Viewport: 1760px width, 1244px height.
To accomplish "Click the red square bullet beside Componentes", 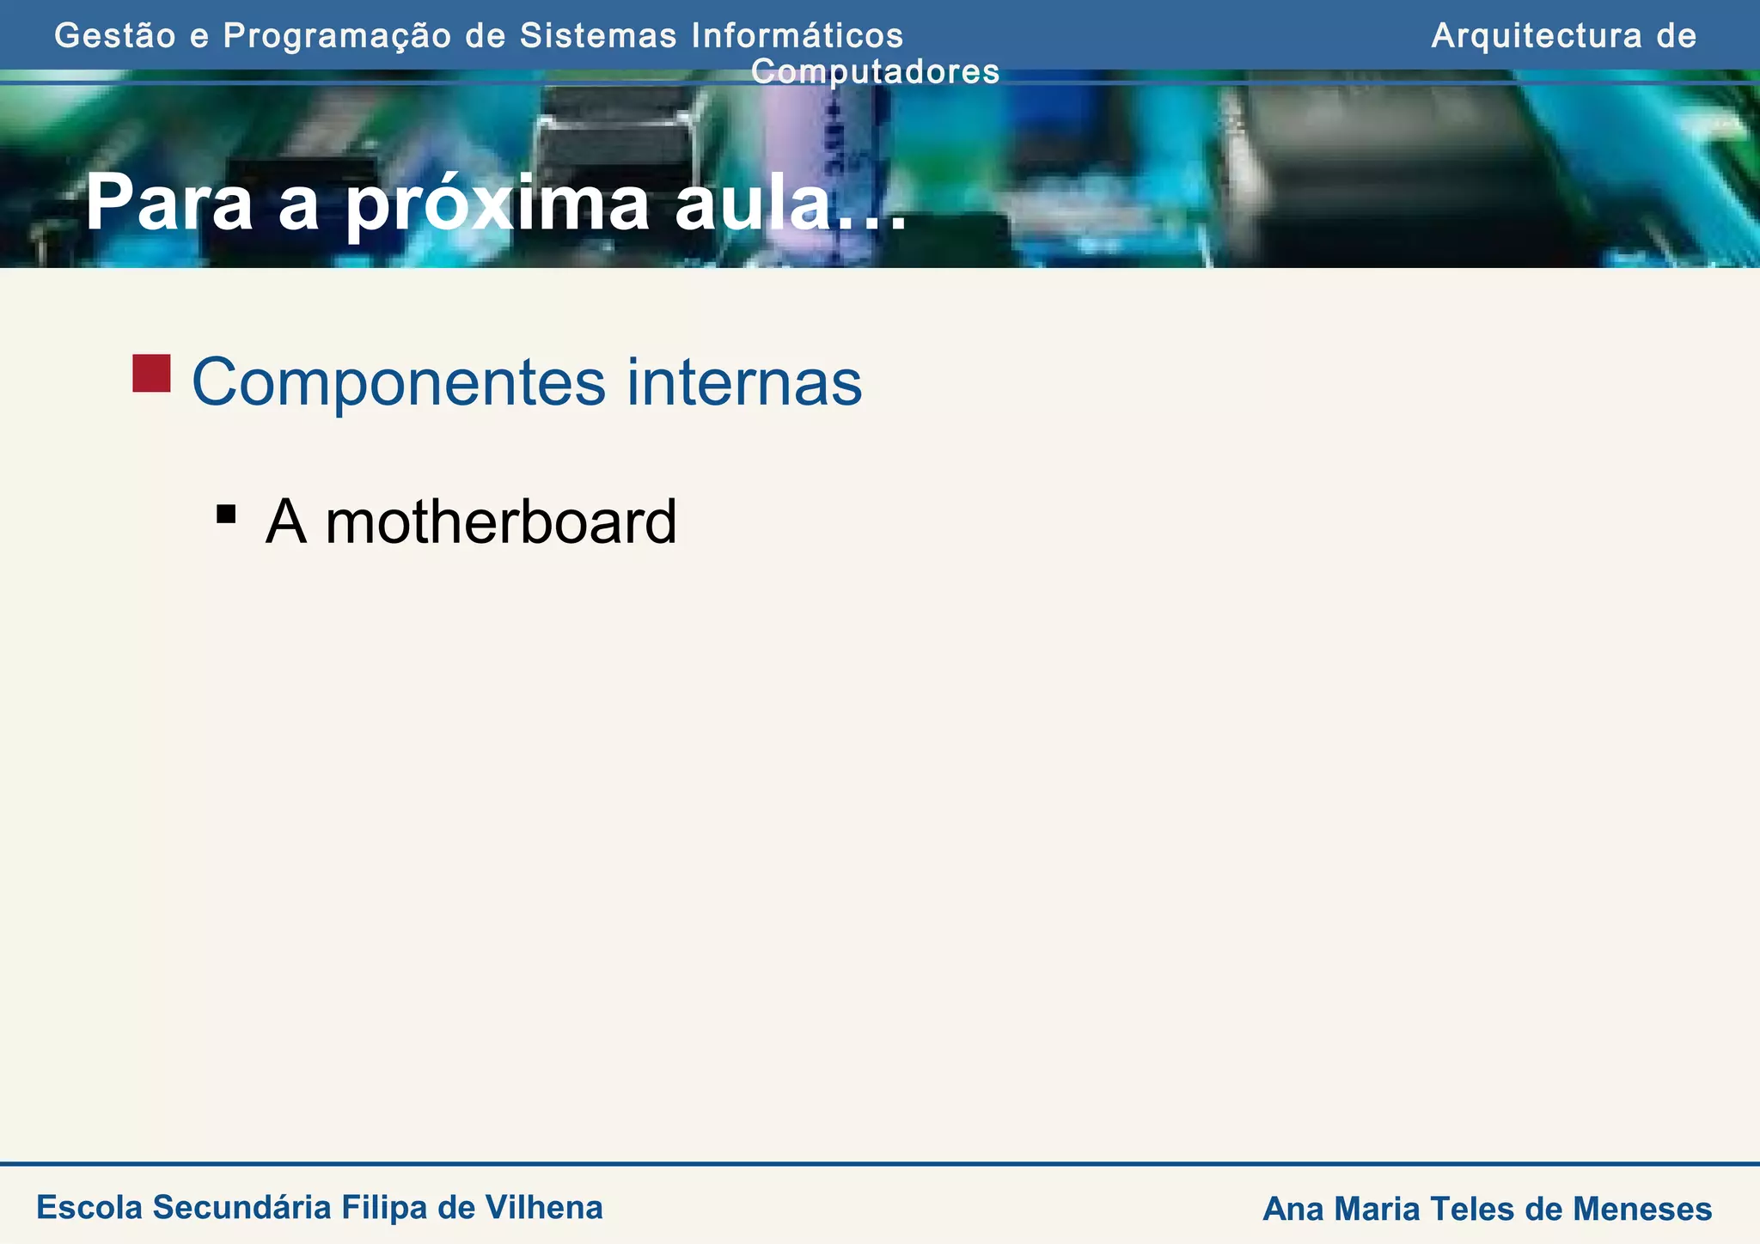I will pos(151,374).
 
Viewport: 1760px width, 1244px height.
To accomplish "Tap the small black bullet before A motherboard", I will pos(226,514).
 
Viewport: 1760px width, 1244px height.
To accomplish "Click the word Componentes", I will pos(398,382).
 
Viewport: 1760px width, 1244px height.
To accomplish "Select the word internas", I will pos(744,382).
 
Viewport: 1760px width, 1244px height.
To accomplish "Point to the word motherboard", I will pos(501,521).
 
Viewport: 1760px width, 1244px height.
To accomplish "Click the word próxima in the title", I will pos(498,204).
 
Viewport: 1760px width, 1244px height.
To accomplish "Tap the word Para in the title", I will pos(168,204).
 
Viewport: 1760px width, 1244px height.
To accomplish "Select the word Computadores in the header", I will pos(875,72).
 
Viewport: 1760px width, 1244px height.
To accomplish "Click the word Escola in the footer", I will pos(89,1207).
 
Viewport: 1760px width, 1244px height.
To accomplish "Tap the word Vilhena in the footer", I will pos(544,1207).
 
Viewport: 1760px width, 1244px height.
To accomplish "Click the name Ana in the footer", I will pos(1292,1209).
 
